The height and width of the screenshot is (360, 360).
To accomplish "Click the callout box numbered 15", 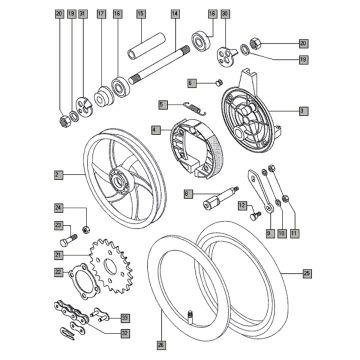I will (141, 15).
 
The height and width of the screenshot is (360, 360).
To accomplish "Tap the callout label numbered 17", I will (101, 15).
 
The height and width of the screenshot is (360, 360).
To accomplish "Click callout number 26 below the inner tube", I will (159, 343).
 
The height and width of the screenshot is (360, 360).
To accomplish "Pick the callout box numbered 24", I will (59, 207).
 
